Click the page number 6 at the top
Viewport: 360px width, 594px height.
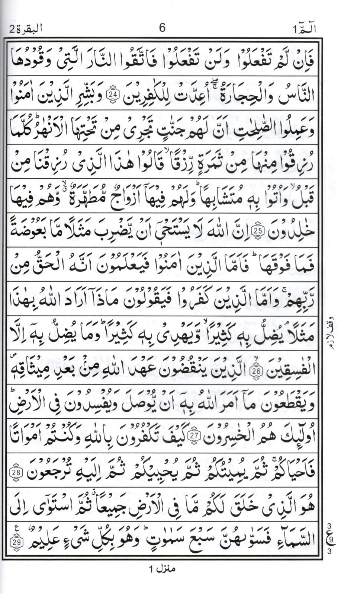[162, 28]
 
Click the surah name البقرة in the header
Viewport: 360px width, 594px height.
[26, 28]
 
